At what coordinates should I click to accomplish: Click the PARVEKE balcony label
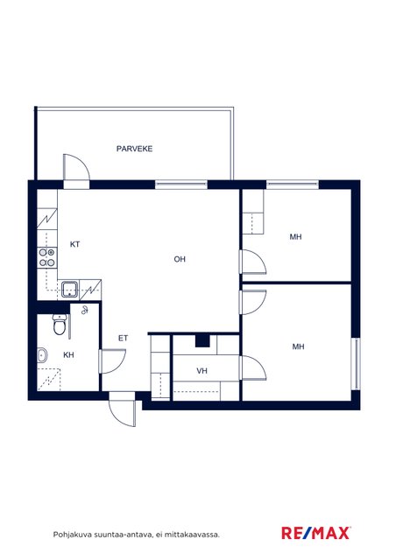coord(134,149)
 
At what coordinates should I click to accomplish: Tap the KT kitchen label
coord(74,244)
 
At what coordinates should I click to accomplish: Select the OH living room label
coord(180,259)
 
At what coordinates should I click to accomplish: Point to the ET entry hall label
coord(123,338)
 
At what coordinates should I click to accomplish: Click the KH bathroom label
coord(68,354)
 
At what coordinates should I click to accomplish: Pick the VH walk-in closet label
coord(202,371)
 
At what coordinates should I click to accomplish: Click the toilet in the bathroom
coord(60,324)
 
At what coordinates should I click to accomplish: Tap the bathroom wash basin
coord(42,355)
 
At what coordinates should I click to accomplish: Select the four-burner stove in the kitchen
coord(46,257)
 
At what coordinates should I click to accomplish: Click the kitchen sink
coord(69,290)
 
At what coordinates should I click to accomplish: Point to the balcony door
coord(76,171)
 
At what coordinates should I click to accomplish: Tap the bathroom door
coord(112,361)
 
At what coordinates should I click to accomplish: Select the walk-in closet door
coord(252,367)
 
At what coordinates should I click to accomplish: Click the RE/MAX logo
coord(316,533)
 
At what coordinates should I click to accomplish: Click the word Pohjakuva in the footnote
coord(73,535)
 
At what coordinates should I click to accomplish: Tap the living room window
coord(181,185)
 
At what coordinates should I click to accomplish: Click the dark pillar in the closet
coord(202,341)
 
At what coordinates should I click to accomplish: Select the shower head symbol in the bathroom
coord(85,310)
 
